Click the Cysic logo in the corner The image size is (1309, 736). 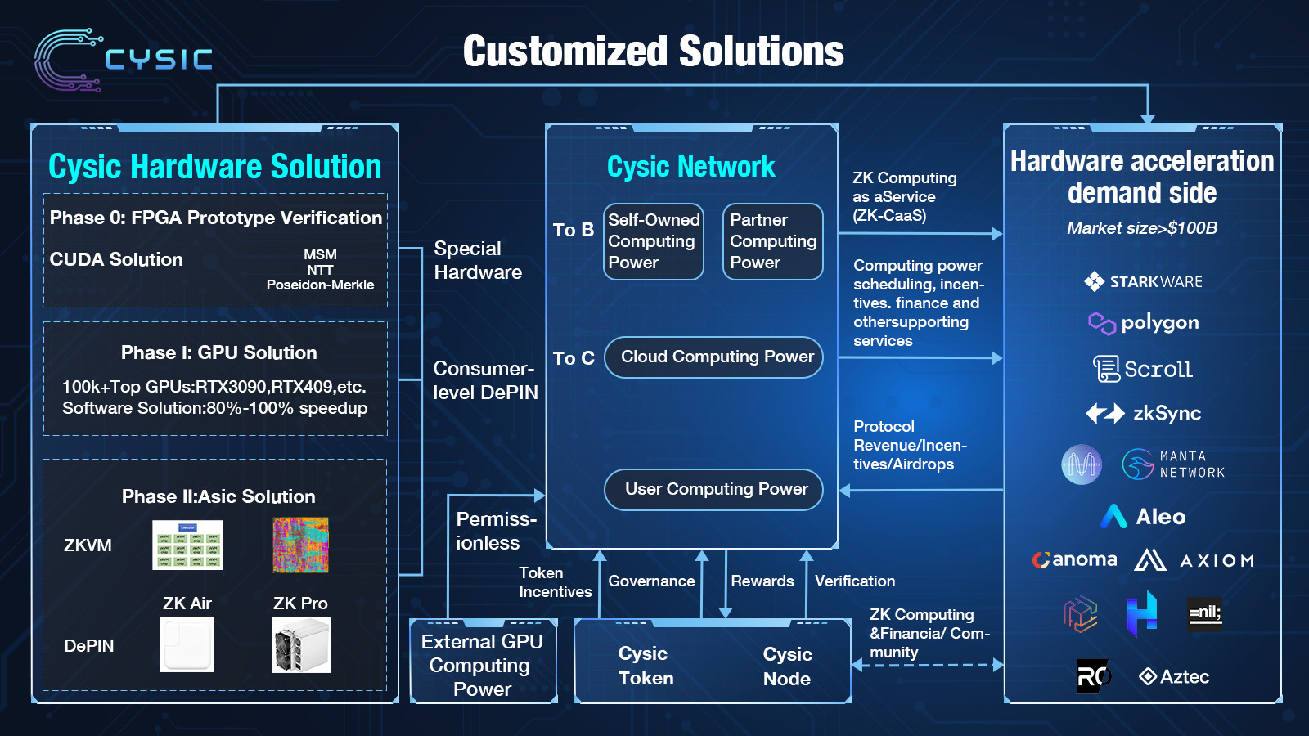click(123, 59)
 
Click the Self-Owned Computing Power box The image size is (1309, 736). click(654, 241)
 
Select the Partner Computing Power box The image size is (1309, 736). click(773, 241)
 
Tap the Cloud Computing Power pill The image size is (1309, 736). click(713, 357)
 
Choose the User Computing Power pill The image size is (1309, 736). click(713, 489)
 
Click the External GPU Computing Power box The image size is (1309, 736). click(483, 665)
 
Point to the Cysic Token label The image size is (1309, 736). click(646, 666)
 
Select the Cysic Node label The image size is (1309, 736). click(787, 666)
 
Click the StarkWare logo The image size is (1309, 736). click(1143, 282)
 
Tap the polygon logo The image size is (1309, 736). click(1143, 323)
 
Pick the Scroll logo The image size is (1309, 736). click(1143, 369)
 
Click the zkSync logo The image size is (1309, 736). click(1143, 414)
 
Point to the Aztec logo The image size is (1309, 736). click(1174, 677)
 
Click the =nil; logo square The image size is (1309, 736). click(1205, 613)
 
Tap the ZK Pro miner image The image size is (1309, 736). click(301, 645)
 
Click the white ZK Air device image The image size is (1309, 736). click(187, 645)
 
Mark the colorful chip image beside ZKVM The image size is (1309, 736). click(300, 545)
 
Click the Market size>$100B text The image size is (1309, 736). click(1142, 228)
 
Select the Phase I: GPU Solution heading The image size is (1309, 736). click(218, 353)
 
